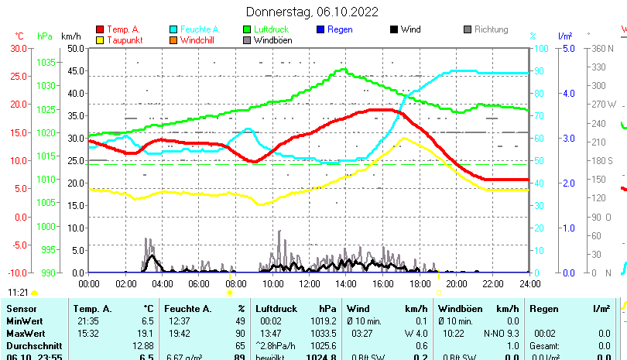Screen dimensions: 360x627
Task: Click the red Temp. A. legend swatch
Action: pyautogui.click(x=99, y=29)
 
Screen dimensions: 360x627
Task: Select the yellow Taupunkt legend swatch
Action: pyautogui.click(x=99, y=39)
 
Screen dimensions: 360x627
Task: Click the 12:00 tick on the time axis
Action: pyautogui.click(x=309, y=283)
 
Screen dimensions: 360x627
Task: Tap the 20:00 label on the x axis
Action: pyautogui.click(x=456, y=283)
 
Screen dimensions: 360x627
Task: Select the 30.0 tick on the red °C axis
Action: pyautogui.click(x=19, y=48)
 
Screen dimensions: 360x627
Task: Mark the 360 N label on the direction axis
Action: pyautogui.click(x=601, y=48)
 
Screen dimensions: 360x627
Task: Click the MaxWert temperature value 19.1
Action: pyautogui.click(x=146, y=333)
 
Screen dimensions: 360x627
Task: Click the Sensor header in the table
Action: pyautogui.click(x=22, y=309)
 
